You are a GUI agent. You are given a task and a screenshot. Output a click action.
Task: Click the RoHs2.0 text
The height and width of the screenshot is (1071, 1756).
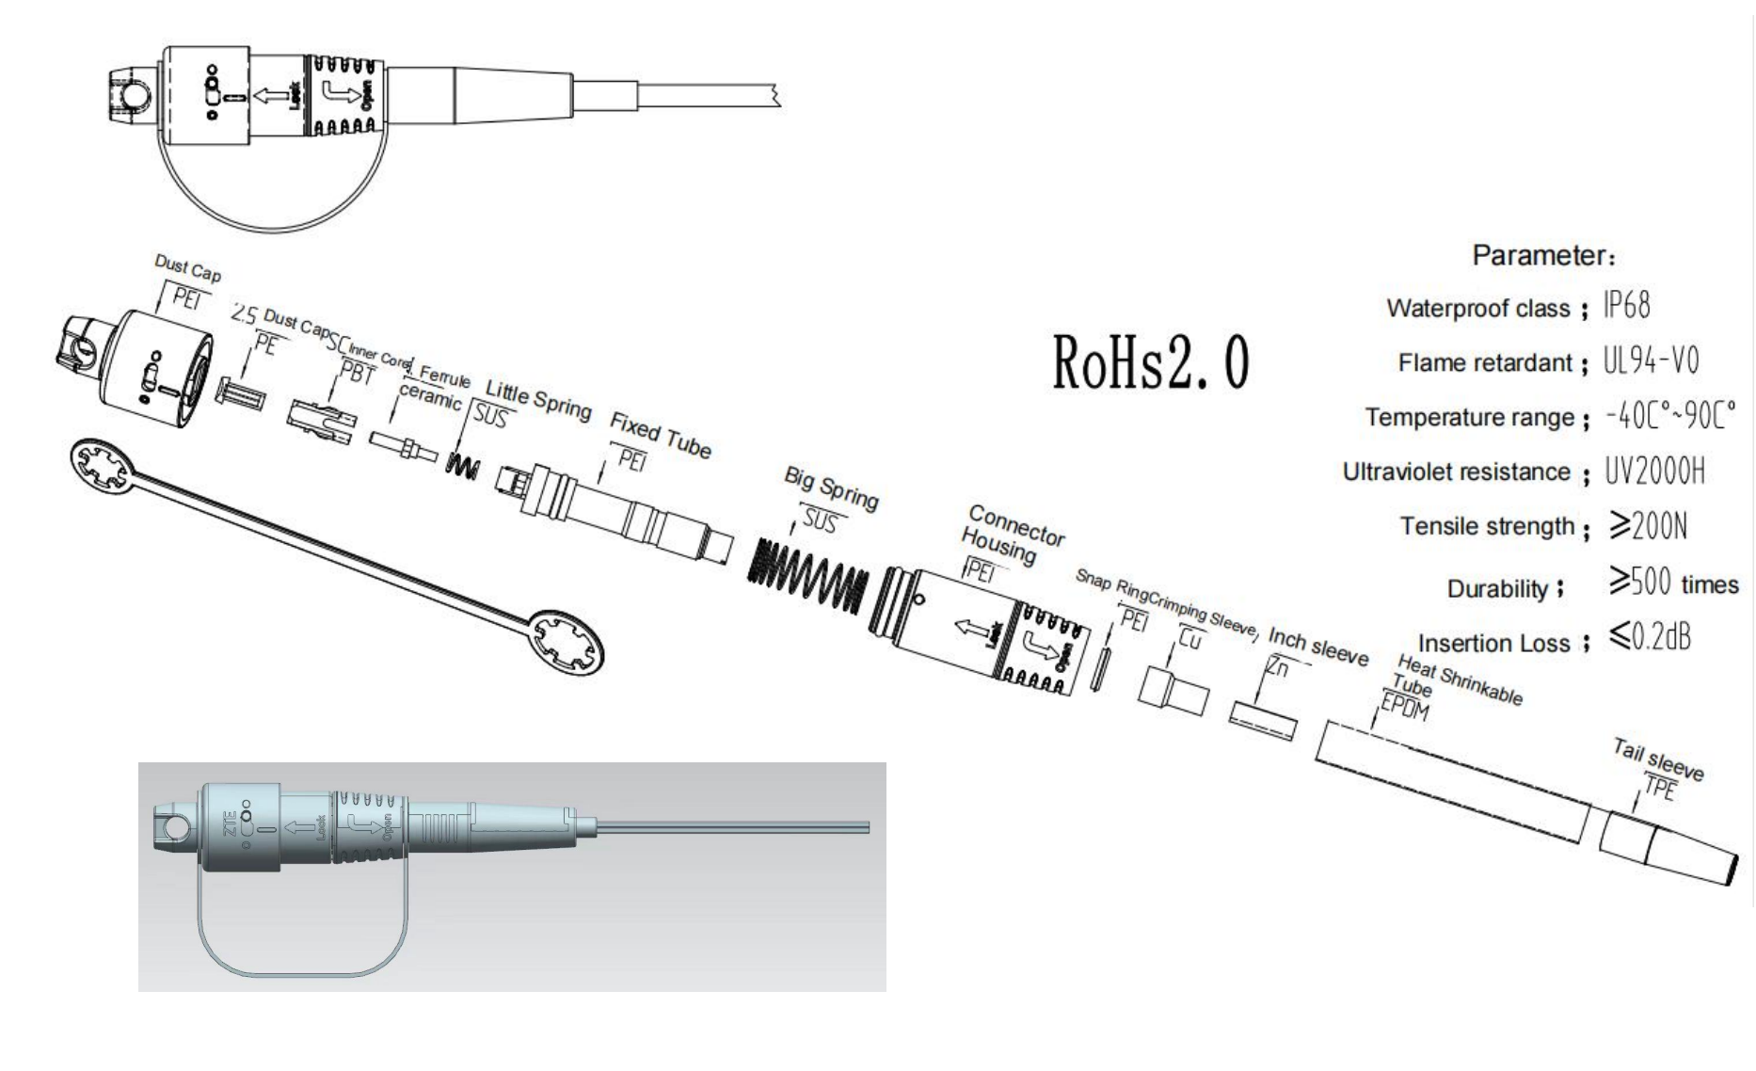(1150, 362)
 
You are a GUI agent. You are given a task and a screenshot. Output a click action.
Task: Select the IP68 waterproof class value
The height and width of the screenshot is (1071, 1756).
(1627, 306)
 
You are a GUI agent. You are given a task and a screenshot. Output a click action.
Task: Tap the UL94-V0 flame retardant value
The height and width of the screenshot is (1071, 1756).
(1652, 360)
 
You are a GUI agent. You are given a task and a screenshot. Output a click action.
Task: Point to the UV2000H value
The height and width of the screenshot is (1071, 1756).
(1654, 471)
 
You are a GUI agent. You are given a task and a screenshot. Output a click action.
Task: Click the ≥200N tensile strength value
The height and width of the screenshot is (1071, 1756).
(1648, 526)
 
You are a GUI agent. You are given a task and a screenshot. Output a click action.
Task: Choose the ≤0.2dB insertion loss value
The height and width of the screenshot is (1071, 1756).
(1650, 638)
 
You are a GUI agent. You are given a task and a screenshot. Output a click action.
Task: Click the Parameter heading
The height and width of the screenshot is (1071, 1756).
(1543, 255)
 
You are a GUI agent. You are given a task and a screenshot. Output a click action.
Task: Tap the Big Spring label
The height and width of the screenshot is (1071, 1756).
(831, 488)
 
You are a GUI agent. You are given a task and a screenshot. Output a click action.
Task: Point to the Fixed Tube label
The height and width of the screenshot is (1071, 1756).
(660, 435)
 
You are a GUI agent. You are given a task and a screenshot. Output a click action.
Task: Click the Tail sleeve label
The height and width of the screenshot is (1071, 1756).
(1658, 759)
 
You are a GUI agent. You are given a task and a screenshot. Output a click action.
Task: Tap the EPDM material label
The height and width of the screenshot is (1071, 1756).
(1404, 707)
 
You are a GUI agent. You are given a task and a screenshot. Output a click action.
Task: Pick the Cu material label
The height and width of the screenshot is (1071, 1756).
(1189, 639)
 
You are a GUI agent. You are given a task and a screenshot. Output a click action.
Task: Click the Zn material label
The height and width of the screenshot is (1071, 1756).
(1276, 667)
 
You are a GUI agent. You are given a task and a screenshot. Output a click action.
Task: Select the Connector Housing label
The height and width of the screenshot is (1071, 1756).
(1011, 535)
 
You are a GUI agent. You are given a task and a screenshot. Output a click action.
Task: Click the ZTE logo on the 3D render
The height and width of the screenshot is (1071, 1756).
(229, 819)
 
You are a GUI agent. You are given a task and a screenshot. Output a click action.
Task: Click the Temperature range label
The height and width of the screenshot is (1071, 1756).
(1469, 417)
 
